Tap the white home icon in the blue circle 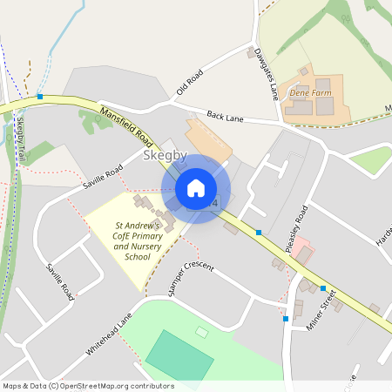click(196, 188)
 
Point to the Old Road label click(188, 81)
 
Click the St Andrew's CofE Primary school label click(138, 240)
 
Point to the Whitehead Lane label click(110, 332)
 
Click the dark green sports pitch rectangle click(179, 355)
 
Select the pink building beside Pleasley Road click(301, 253)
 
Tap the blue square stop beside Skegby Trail click(39, 97)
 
